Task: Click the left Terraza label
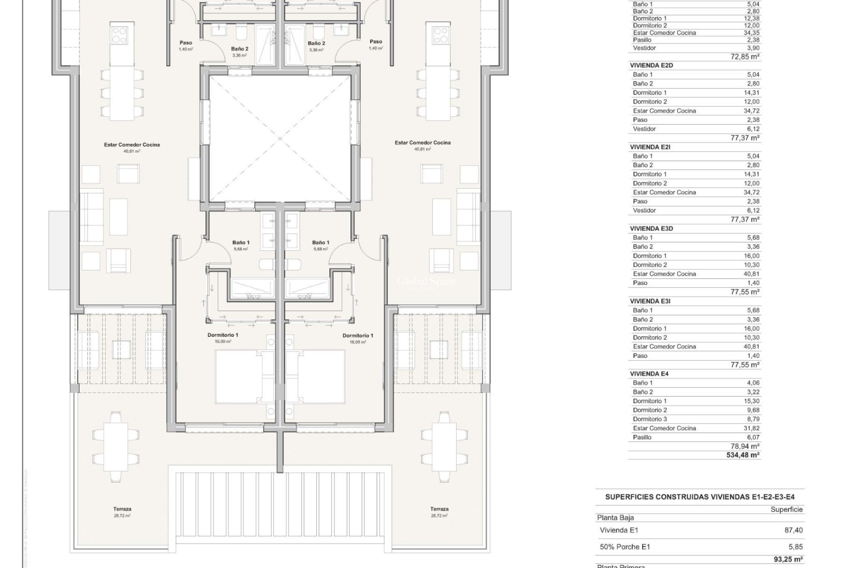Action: [x=122, y=509]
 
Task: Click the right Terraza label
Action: [x=439, y=509]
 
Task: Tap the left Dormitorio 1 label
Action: [x=222, y=335]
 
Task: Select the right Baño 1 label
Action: [x=320, y=243]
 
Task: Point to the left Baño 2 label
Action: [x=240, y=49]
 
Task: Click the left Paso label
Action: [x=185, y=43]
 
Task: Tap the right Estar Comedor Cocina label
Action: [x=422, y=143]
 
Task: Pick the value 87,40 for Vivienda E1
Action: [x=794, y=530]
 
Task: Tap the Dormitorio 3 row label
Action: [x=650, y=419]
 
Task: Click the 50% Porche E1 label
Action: [x=624, y=547]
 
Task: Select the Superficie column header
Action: [x=786, y=509]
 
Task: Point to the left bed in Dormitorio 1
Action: [x=238, y=376]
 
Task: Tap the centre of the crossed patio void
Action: [x=280, y=138]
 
